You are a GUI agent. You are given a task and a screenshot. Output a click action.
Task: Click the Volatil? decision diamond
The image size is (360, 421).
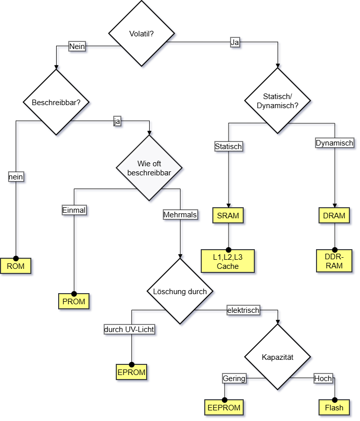[142, 34]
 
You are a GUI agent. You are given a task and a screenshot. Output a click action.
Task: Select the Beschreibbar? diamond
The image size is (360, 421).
[56, 102]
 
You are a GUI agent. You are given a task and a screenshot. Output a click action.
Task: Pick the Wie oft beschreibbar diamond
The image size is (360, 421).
[149, 168]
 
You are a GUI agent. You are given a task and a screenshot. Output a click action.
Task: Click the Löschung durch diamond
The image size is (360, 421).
[180, 292]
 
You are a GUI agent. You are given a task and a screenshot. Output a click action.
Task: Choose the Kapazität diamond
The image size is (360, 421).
[278, 357]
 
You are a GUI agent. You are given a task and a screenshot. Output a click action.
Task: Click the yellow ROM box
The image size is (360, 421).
[16, 265]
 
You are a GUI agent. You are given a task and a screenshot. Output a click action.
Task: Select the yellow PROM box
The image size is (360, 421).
[74, 302]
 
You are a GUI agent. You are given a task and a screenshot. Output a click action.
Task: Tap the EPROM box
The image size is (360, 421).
[131, 372]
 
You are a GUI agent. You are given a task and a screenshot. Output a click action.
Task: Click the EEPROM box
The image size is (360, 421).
[224, 407]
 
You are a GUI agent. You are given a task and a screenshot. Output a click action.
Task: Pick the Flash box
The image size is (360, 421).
[334, 407]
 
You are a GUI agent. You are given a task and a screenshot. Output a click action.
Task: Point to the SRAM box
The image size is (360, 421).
[228, 216]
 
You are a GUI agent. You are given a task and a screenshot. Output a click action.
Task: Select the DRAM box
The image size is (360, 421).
[334, 216]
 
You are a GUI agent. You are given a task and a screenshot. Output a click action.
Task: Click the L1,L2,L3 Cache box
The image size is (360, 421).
[228, 262]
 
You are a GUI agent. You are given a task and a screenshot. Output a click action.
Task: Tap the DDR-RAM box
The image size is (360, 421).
[334, 261]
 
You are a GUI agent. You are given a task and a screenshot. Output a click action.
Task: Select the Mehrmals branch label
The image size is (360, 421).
[180, 215]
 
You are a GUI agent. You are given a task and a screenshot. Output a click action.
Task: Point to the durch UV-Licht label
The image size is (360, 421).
[129, 330]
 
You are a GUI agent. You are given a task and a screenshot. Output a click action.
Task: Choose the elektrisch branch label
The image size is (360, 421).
[243, 310]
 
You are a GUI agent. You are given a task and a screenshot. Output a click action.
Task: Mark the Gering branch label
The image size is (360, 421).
[234, 378]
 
